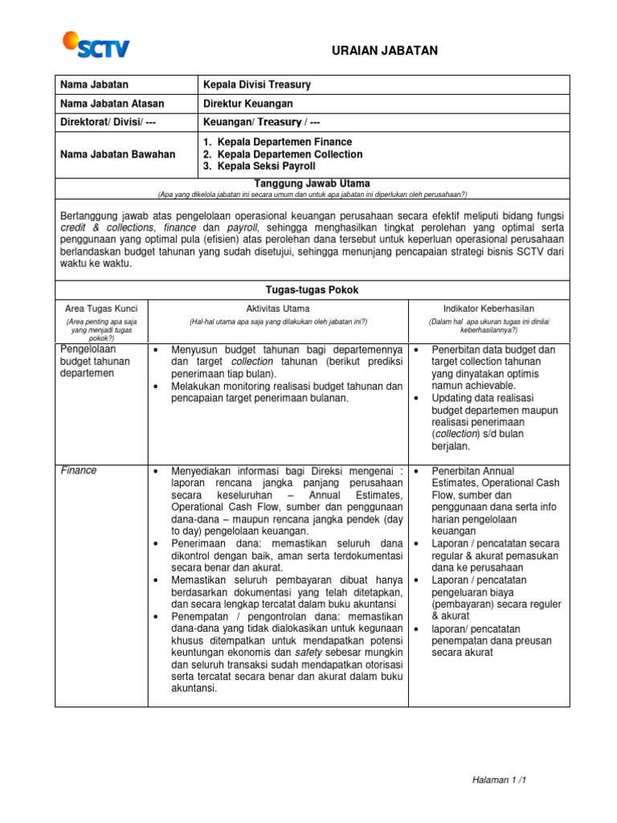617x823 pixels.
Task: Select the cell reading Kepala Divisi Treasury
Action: pos(257,84)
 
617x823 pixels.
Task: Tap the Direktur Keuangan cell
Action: pos(248,104)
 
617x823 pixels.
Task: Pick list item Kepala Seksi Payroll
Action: pos(265,166)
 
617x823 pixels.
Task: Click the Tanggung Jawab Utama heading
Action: pos(312,183)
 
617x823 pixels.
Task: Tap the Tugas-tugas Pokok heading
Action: pos(312,289)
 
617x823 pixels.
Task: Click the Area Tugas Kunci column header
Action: pos(101,309)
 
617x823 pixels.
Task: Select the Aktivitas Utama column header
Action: pos(278,309)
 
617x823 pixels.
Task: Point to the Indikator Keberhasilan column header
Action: pos(488,309)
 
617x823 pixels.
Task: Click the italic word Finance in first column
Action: pos(79,470)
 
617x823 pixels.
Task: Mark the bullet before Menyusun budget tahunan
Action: pos(154,350)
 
